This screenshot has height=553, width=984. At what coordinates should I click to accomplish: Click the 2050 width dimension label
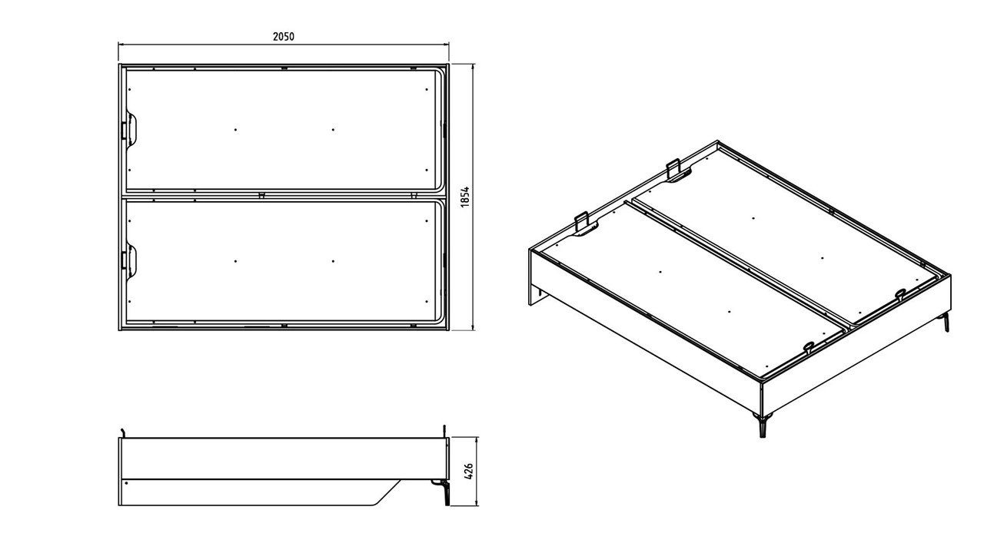pos(284,36)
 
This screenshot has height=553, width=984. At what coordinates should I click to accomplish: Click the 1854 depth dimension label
pos(466,197)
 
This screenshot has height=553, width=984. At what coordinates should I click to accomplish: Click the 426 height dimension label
pos(468,472)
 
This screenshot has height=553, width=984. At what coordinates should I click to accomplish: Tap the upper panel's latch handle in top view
pos(129,130)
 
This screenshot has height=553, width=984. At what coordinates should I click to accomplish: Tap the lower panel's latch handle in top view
pos(129,261)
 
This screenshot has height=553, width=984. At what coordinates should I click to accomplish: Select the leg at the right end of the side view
pos(446,492)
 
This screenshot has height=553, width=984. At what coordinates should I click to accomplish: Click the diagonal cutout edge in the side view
pos(387,492)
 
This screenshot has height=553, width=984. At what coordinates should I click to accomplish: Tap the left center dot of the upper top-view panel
pos(236,130)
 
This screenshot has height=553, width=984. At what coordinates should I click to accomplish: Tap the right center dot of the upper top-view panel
pos(334,130)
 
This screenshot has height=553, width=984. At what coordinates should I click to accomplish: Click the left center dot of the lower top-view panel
pos(236,261)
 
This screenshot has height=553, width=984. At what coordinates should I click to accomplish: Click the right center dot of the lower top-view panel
pos(334,261)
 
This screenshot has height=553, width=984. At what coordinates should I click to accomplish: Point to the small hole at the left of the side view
pos(127,483)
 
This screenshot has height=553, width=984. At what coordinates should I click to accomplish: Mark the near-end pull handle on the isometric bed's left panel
pos(808,346)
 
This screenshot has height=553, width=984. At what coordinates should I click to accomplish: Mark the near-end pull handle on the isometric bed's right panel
pos(900,293)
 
